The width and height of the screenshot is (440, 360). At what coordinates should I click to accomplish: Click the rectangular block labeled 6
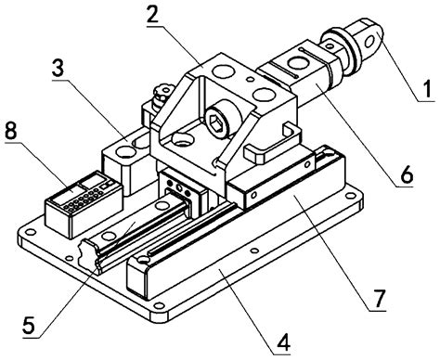click(x=297, y=79)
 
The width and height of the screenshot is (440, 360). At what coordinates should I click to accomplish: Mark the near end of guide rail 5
click(x=93, y=250)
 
